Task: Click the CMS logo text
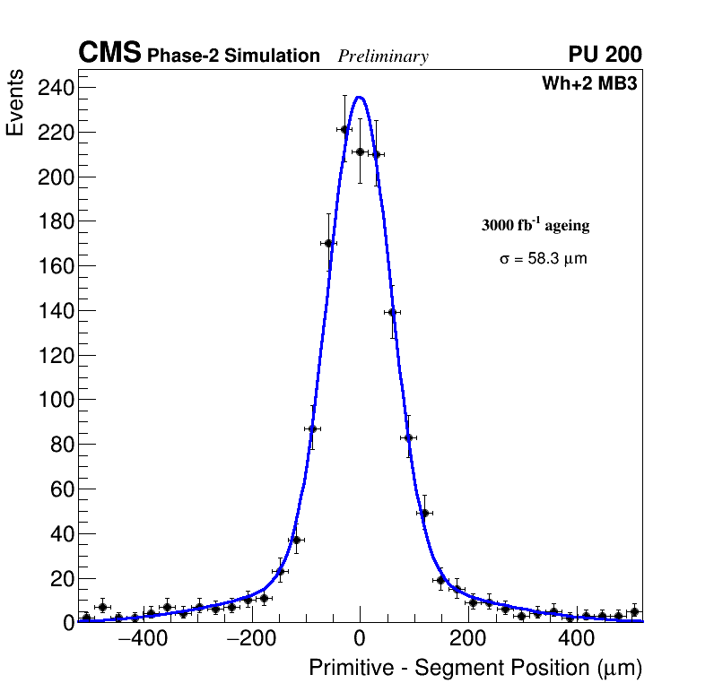pyautogui.click(x=109, y=54)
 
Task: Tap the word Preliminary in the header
pyautogui.click(x=383, y=56)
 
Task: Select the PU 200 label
pyautogui.click(x=605, y=55)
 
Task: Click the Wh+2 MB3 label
pyautogui.click(x=589, y=84)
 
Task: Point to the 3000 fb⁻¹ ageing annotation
pyautogui.click(x=535, y=225)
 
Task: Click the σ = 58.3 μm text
pyautogui.click(x=543, y=259)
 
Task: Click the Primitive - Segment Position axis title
pyautogui.click(x=475, y=668)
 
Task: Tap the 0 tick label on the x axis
pyautogui.click(x=360, y=640)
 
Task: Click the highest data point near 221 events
pyautogui.click(x=344, y=129)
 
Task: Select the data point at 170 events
pyautogui.click(x=328, y=243)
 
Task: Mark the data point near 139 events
pyautogui.click(x=392, y=312)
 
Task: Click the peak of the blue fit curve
pyautogui.click(x=360, y=97)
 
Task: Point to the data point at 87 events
pyautogui.click(x=312, y=428)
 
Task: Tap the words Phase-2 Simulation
pyautogui.click(x=233, y=56)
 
